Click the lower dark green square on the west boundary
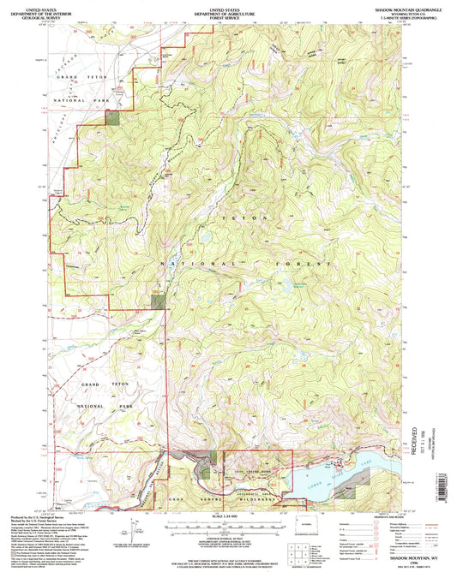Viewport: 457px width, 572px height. [x=158, y=300]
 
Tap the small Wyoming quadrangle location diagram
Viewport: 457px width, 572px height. [x=305, y=523]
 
